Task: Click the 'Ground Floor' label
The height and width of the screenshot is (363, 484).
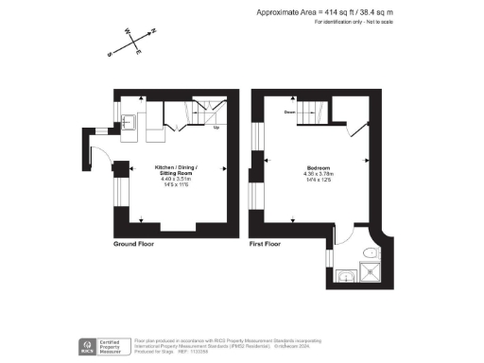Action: pyautogui.click(x=134, y=244)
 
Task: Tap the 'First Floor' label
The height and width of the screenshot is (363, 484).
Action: pyautogui.click(x=266, y=244)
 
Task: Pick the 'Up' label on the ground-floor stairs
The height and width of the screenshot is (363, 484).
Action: pyautogui.click(x=216, y=128)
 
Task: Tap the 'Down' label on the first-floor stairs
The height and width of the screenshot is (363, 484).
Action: pyautogui.click(x=290, y=112)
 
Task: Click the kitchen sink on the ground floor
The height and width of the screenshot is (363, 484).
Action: pyautogui.click(x=132, y=122)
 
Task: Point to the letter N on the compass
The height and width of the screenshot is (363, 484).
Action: pyautogui.click(x=154, y=30)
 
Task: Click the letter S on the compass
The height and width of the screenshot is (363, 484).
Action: pyautogui.click(x=110, y=54)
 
